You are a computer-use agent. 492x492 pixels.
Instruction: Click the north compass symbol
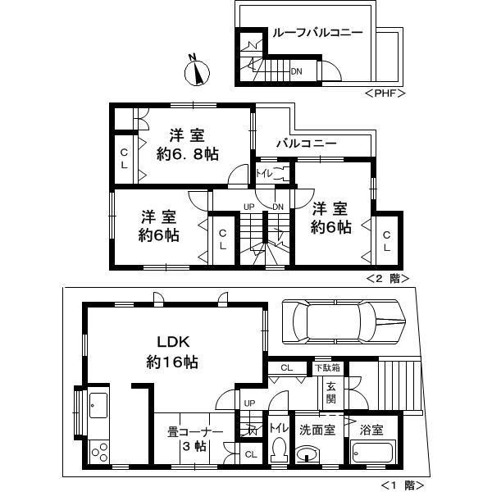tap(196, 71)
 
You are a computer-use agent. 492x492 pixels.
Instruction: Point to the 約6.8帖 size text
tap(189, 153)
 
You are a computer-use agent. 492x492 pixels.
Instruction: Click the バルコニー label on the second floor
tap(306, 143)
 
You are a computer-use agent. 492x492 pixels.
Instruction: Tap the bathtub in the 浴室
tap(373, 454)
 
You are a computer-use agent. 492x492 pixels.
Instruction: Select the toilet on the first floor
tap(279, 450)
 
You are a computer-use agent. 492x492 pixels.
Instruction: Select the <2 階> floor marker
tap(389, 278)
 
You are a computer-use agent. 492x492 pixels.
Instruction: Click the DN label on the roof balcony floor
tap(296, 71)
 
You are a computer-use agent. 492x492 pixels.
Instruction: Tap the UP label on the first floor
tap(249, 403)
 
